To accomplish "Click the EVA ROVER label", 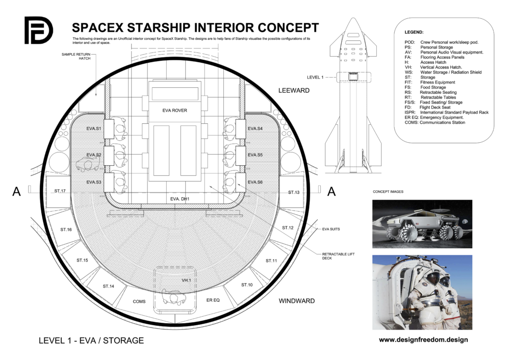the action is tap(174, 111).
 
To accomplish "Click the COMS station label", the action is tap(139, 301).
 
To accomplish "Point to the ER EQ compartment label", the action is tap(213, 300).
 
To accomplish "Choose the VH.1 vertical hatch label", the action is tap(186, 280).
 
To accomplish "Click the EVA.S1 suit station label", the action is tap(94, 129).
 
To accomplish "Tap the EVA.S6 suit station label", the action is tap(255, 182).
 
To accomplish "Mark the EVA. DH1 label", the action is tap(180, 199).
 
